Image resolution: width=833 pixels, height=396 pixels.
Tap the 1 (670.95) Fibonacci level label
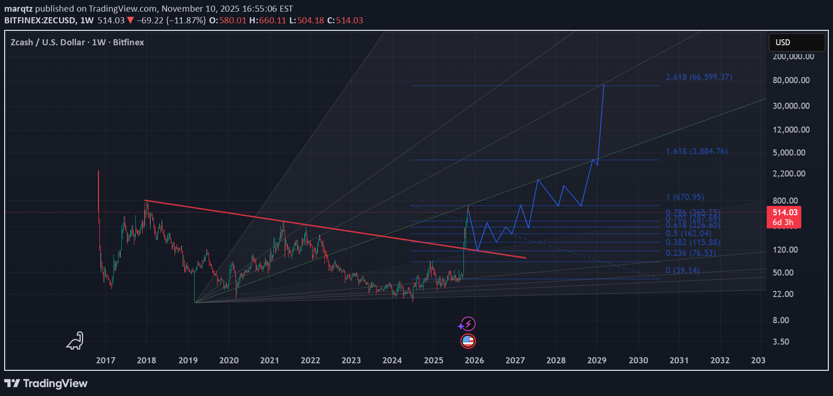685,197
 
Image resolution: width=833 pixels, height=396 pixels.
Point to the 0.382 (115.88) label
693,242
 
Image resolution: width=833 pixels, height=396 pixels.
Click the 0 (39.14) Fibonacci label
682,270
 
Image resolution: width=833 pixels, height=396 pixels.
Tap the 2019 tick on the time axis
188,360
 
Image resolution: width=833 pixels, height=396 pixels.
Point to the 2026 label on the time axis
474,360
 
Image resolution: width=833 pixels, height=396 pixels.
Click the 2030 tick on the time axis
638,360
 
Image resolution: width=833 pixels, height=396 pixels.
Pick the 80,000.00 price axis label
791,80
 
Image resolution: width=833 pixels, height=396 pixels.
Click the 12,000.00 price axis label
791,130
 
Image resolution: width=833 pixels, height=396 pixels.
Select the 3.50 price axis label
781,342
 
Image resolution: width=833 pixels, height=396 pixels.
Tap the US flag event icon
468,341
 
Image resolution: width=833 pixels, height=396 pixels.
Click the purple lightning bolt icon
467,324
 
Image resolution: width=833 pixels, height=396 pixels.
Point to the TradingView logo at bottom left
46,383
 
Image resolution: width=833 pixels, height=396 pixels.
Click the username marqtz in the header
18,8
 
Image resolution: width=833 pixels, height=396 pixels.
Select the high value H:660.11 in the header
267,21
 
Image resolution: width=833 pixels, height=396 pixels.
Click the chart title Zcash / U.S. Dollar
48,42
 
